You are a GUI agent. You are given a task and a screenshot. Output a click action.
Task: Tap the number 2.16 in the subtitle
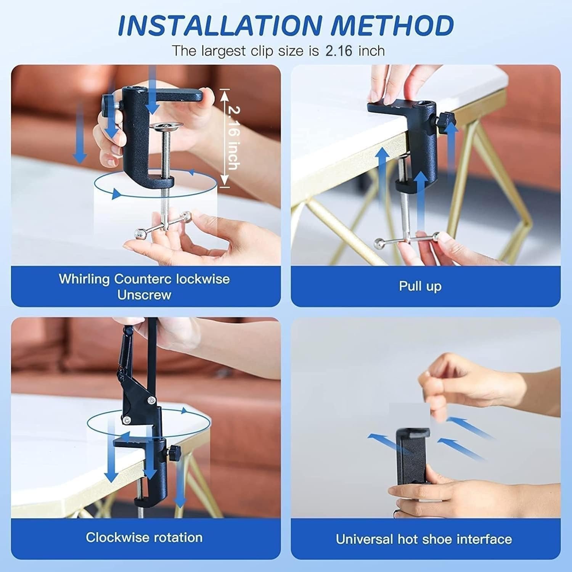(x=339, y=51)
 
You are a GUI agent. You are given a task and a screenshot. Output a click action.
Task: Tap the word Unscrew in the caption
(x=144, y=295)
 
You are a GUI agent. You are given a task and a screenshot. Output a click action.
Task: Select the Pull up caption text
(x=420, y=286)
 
